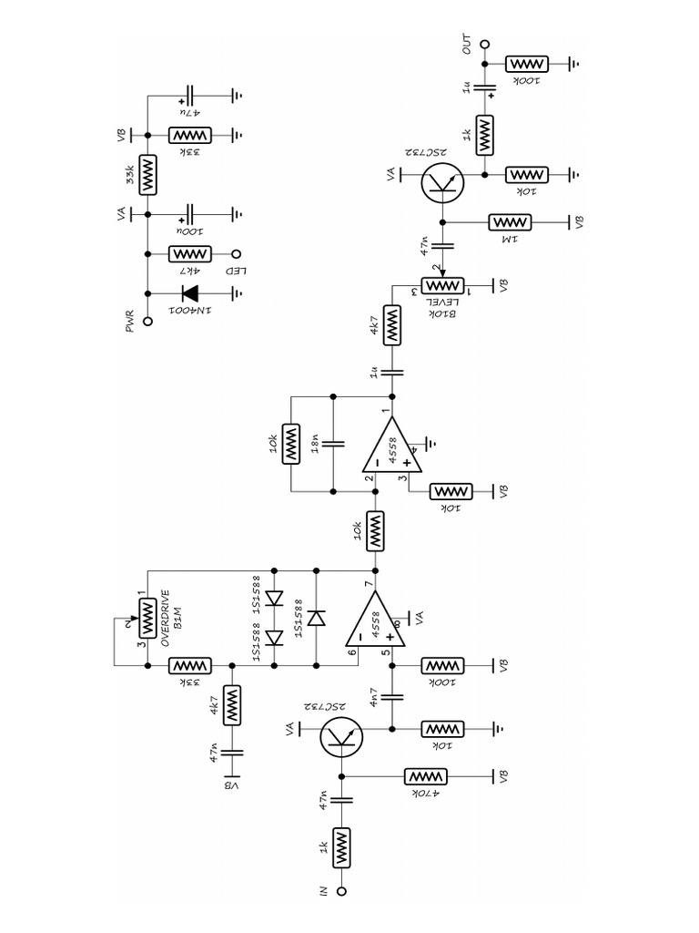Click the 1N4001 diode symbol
[192, 293]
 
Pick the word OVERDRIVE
[166, 620]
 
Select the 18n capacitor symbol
[333, 444]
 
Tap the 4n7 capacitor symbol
[393, 697]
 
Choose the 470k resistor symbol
[428, 776]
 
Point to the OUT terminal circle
[485, 43]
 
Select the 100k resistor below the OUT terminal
[526, 64]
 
